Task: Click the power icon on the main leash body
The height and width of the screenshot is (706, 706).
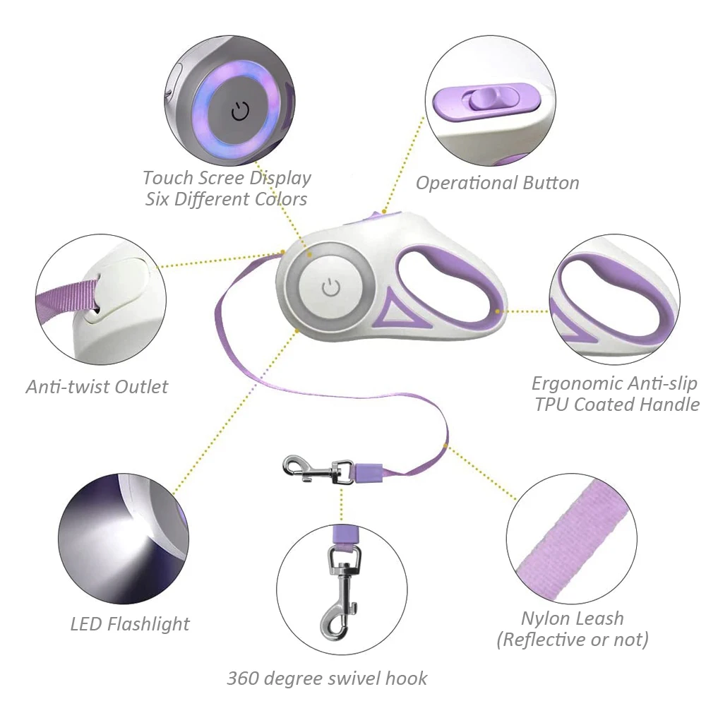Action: [330, 287]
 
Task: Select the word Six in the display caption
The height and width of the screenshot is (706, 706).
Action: [157, 199]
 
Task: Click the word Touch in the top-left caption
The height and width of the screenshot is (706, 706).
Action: [167, 177]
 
